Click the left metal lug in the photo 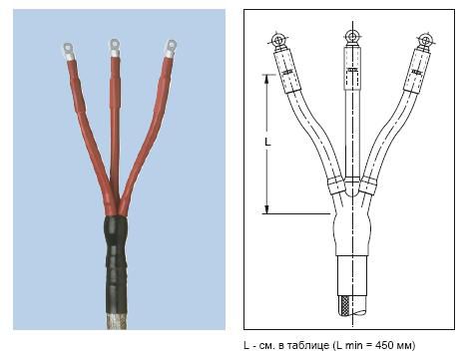tap(69, 52)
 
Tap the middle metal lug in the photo tap(115, 47)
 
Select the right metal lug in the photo tap(171, 49)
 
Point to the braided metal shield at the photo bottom tap(116, 321)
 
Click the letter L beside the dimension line tap(267, 142)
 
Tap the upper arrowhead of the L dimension tap(266, 79)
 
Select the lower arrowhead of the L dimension tap(266, 209)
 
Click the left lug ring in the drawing tap(276, 41)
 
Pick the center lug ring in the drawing tap(352, 36)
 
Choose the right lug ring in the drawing tap(425, 40)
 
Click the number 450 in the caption tap(383, 345)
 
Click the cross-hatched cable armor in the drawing tap(343, 306)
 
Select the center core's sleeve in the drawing tap(352, 68)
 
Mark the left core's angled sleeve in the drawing tap(287, 71)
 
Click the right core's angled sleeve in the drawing tap(417, 71)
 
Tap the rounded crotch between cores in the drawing tap(351, 187)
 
